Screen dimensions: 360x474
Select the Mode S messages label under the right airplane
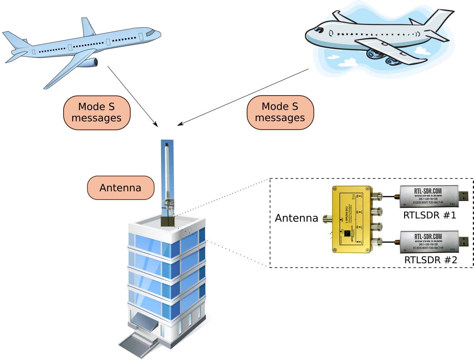pos(280,112)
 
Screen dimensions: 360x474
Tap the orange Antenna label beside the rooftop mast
pos(120,187)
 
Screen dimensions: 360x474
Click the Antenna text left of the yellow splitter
pos(296,218)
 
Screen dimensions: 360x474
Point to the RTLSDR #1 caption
pos(429,216)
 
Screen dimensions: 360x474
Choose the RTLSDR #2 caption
pos(430,260)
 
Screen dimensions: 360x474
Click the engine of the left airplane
pos(89,63)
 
